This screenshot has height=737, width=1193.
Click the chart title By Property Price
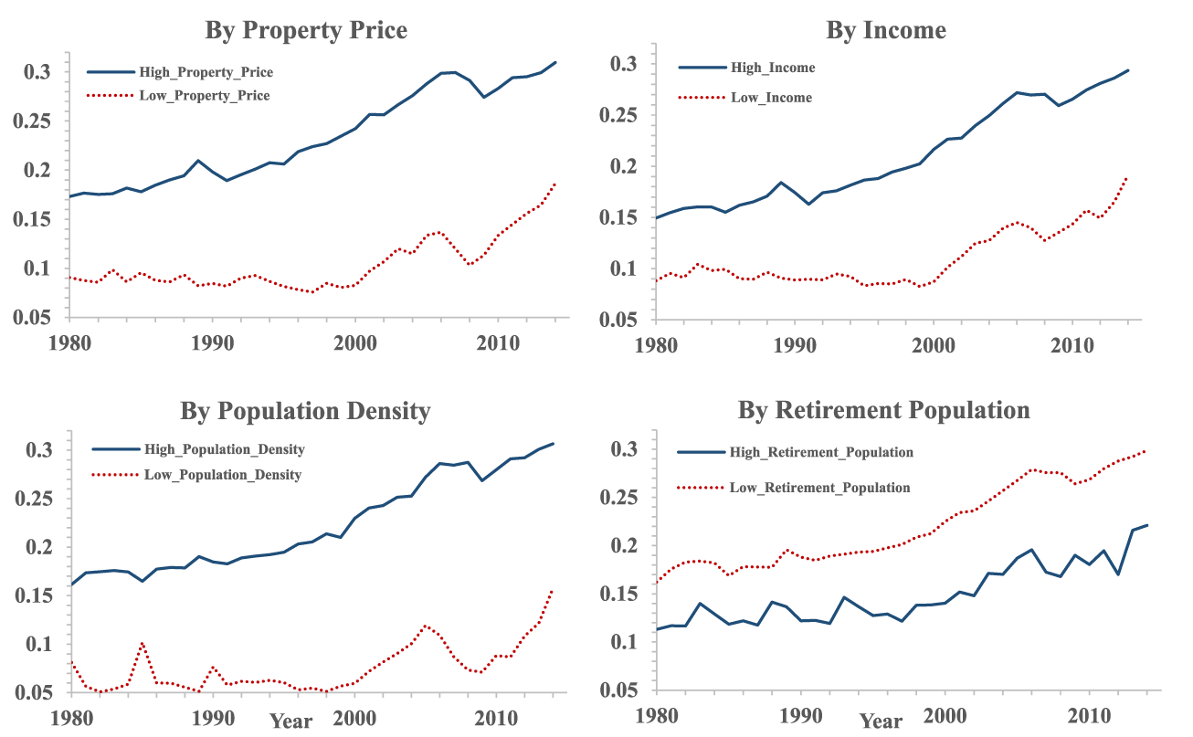306,30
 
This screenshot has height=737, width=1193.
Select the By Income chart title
886,30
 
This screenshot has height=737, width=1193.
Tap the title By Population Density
305,411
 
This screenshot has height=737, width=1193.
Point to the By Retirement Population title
883,410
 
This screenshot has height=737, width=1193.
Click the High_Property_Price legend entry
206,72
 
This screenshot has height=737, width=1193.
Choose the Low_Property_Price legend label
204,95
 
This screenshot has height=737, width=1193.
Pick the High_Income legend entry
773,68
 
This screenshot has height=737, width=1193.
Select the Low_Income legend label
771,98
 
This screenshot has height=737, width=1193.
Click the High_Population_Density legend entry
224,449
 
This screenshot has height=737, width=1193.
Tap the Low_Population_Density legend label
222,475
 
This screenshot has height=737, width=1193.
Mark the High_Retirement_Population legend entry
821,452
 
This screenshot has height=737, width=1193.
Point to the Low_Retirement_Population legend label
819,488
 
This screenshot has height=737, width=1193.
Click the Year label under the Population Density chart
290,721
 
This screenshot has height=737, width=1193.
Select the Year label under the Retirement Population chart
881,721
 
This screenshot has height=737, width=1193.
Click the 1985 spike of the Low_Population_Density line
142,643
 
